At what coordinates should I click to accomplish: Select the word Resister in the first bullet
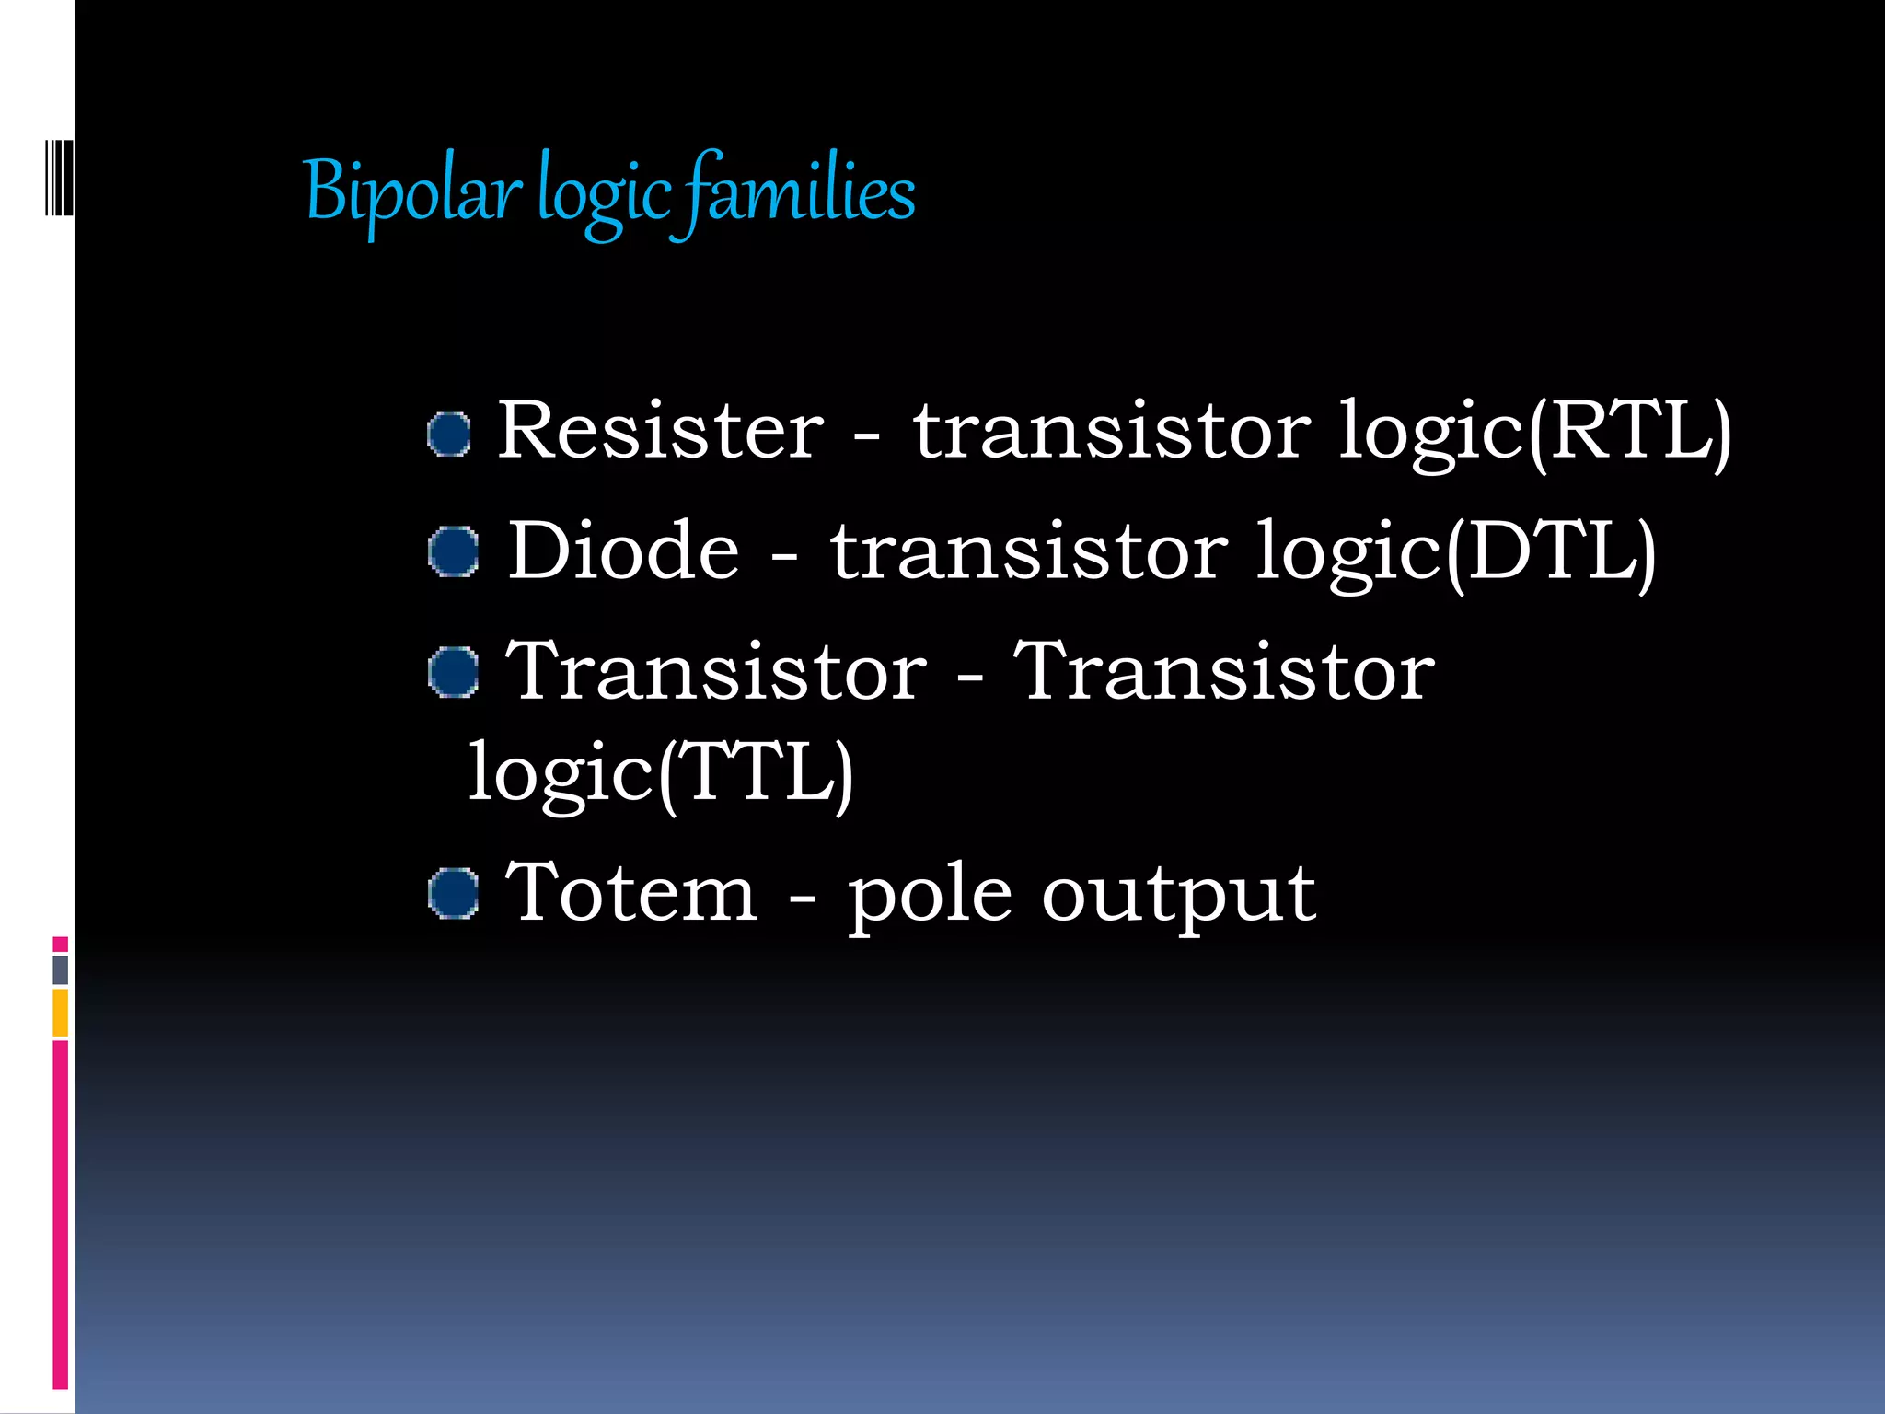click(661, 431)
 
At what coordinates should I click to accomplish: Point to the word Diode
click(623, 551)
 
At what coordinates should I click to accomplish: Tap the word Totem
click(631, 893)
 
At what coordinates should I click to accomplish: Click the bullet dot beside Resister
click(450, 434)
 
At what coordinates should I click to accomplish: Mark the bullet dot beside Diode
click(454, 552)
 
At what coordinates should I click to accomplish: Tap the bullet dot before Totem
click(454, 893)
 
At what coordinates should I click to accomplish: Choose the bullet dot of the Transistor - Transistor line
click(454, 672)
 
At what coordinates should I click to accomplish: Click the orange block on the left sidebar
click(60, 1013)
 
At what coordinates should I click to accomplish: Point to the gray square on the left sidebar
click(60, 969)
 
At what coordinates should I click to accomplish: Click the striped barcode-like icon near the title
click(59, 178)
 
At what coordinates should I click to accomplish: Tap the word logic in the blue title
click(604, 195)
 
